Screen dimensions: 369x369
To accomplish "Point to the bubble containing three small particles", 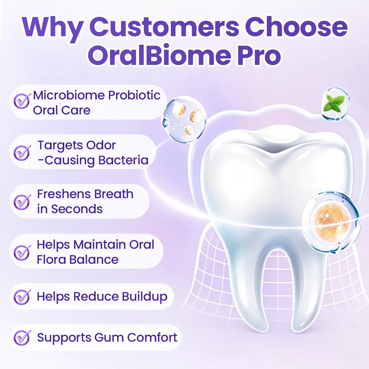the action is [184, 119].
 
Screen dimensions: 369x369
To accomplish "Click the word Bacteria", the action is [123, 160].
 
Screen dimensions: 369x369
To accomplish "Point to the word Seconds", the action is [77, 209].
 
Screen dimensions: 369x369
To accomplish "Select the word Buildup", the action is [145, 297].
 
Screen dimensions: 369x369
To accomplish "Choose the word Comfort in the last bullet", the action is [152, 338].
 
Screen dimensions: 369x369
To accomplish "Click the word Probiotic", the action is [134, 96].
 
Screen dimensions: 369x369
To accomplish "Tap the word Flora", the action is [52, 260].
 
